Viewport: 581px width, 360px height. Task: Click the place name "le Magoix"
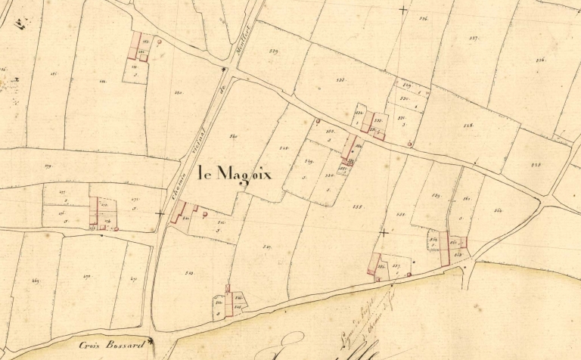click(x=233, y=174)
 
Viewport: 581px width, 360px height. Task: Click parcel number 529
click(x=273, y=51)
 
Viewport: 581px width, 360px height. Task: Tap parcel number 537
click(x=474, y=37)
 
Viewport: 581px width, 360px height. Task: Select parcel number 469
click(x=35, y=281)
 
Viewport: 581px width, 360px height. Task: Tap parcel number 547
click(x=267, y=247)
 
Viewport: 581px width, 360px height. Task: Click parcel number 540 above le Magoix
click(x=233, y=136)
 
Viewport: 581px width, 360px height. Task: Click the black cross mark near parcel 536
click(x=402, y=10)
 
